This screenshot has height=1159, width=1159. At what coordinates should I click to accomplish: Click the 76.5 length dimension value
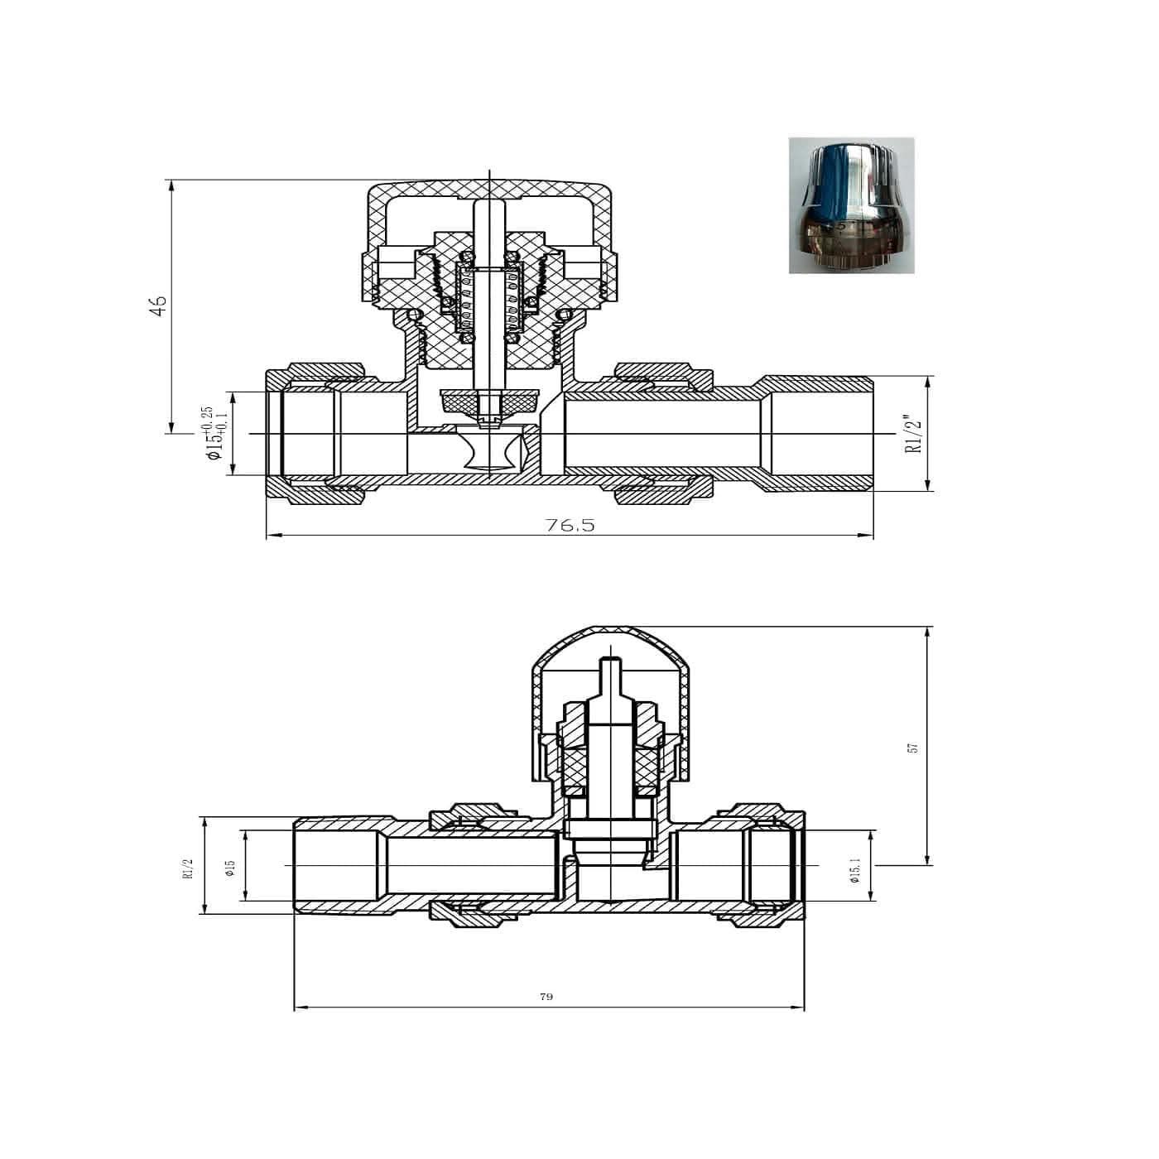570,526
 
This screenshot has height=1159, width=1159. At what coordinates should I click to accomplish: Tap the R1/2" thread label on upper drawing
913,434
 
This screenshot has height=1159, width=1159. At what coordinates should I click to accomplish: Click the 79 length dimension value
546,997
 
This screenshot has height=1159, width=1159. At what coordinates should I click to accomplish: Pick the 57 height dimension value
913,747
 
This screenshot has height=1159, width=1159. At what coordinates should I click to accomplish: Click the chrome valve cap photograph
851,205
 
